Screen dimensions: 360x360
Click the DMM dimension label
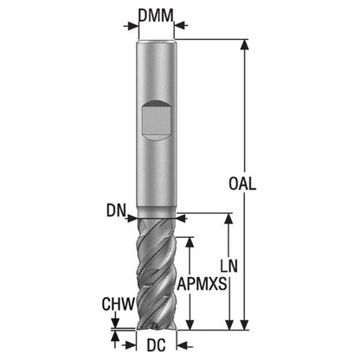point(156,16)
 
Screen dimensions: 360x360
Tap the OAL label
point(242,183)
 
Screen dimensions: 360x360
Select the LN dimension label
point(229,266)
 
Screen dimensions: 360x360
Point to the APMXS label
point(202,284)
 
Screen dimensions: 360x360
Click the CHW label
point(119,304)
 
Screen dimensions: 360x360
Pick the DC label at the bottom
point(156,345)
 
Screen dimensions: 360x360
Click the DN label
point(116,211)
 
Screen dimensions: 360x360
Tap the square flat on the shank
point(156,120)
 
